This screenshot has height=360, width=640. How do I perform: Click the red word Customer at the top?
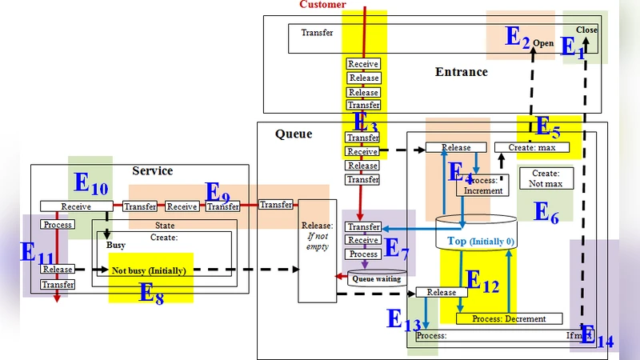[x=322, y=5]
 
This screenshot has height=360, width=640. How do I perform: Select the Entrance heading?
[x=461, y=72]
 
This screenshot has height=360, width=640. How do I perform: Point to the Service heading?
[x=152, y=171]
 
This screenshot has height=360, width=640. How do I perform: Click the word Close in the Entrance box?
[x=586, y=30]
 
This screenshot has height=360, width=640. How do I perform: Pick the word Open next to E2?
[x=543, y=43]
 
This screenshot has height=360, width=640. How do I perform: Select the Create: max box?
[x=531, y=147]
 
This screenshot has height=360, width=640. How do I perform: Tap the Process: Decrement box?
[x=509, y=318]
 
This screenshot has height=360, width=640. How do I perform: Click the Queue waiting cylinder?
[x=376, y=279]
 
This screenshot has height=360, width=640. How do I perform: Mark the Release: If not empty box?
[x=318, y=250]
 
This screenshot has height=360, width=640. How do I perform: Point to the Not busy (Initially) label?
[x=149, y=271]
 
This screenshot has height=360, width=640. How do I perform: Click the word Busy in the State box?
[x=116, y=246]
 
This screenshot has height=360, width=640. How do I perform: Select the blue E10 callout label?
[x=91, y=183]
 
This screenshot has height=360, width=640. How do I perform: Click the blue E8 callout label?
[x=152, y=292]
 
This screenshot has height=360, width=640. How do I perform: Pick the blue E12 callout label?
[x=482, y=281]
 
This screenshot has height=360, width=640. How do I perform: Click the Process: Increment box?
[x=483, y=186]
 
